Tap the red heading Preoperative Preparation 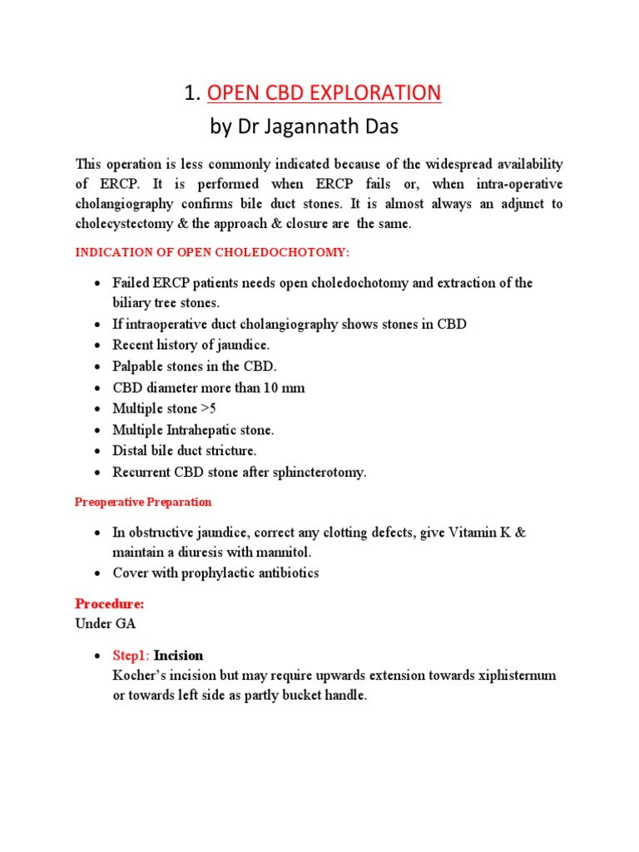(143, 503)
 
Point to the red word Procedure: (110, 604)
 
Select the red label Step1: (131, 656)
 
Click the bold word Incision (179, 656)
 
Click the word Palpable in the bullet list (137, 366)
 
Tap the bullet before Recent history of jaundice (98, 345)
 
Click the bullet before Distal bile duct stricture (98, 452)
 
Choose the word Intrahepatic (205, 430)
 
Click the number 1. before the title (193, 92)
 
